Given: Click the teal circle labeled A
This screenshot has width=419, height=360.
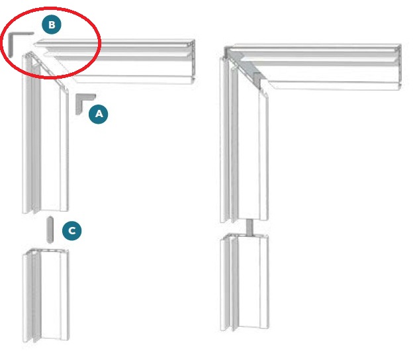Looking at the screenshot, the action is tap(99, 114).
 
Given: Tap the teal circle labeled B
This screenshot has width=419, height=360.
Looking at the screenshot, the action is tap(52, 24).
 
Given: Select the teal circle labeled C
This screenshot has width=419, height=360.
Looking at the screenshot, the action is tap(72, 230).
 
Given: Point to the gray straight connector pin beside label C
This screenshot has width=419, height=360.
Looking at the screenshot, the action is tap(50, 230).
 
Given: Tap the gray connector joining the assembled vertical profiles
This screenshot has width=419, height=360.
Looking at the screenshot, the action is tap(250, 228).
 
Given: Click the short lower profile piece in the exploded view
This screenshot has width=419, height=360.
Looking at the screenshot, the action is tap(46, 296).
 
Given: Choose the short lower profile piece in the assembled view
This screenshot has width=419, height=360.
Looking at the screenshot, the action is tap(244, 283).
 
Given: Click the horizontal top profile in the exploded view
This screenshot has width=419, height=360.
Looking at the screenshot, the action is tap(118, 62).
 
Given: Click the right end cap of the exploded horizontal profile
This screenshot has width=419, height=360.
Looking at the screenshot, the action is tap(193, 62).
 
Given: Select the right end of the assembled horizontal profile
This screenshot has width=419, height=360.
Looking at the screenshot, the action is tap(399, 67).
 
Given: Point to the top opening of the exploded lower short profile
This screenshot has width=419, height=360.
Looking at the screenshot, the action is tap(46, 251).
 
